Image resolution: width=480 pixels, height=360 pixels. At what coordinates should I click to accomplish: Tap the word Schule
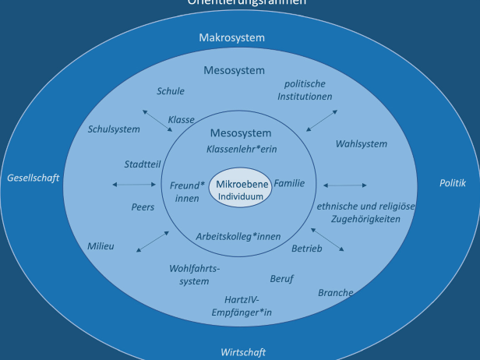point(171,91)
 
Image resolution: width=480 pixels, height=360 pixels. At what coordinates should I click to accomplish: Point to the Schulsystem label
point(114,129)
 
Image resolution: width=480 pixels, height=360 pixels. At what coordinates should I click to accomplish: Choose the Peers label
point(143,208)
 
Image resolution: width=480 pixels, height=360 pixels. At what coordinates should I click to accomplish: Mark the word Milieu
point(101,246)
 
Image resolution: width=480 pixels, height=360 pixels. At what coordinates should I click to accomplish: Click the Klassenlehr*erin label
point(242,148)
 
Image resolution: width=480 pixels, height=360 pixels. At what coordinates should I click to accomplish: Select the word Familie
point(289,184)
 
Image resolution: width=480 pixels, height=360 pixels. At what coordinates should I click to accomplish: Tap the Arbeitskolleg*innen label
point(238,235)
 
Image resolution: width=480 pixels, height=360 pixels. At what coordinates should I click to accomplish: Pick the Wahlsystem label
point(362,144)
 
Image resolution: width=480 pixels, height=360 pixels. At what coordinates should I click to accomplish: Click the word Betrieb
point(306,249)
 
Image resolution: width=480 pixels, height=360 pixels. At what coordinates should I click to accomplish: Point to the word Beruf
point(282,278)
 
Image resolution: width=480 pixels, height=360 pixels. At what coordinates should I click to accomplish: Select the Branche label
point(336,293)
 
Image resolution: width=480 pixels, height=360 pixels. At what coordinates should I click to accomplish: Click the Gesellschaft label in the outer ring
point(33,178)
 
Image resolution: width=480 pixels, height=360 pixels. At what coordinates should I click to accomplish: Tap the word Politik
point(452,184)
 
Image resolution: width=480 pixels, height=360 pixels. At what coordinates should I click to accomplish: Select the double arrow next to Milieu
point(153,241)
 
